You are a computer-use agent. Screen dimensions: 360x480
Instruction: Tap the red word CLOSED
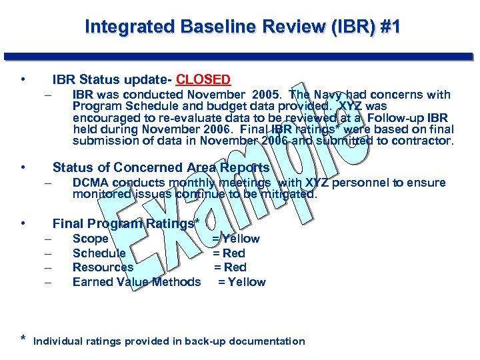tap(203, 80)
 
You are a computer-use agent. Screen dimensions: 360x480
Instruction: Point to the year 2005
tap(265, 95)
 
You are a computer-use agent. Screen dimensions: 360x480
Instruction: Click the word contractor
tap(421, 140)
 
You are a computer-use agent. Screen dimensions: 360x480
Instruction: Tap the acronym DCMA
tap(91, 183)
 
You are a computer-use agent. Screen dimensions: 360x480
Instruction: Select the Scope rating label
tap(90, 239)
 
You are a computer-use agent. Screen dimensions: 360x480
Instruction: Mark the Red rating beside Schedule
tap(234, 253)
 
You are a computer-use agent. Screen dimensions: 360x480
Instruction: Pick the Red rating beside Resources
tap(235, 267)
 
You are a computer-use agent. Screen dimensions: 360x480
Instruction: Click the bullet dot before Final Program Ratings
tap(23, 223)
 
